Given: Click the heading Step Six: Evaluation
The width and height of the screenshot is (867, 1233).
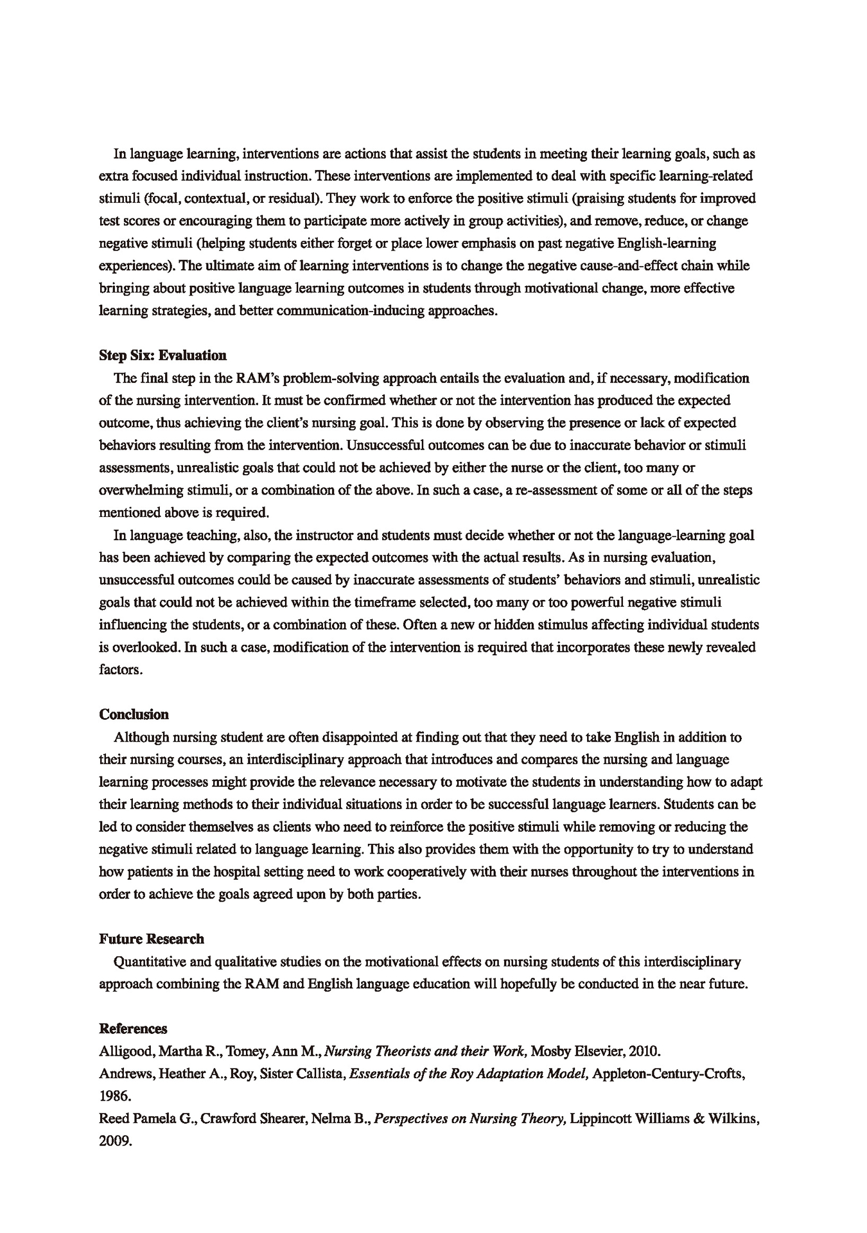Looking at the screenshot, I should coord(162,355).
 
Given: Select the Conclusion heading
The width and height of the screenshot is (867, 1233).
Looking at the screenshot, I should coord(134,714).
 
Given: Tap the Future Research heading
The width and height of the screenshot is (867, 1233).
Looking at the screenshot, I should coord(152,939).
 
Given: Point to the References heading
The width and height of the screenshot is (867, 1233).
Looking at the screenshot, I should coord(133,1029).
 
